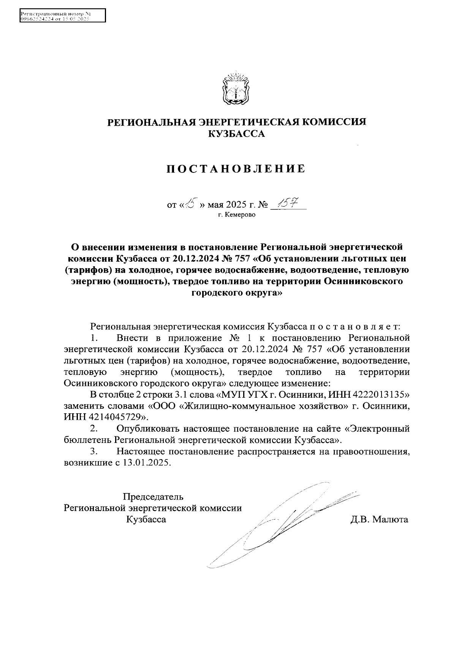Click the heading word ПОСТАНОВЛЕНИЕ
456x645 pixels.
tap(236, 169)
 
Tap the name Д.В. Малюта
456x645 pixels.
tap(379, 519)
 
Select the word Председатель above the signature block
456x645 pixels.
tap(153, 496)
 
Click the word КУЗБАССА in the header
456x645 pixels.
tap(236, 134)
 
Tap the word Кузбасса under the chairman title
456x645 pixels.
tap(146, 519)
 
